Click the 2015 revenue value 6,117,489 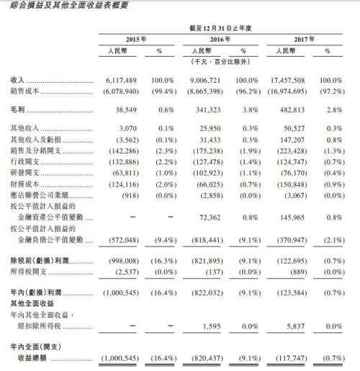119,81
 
